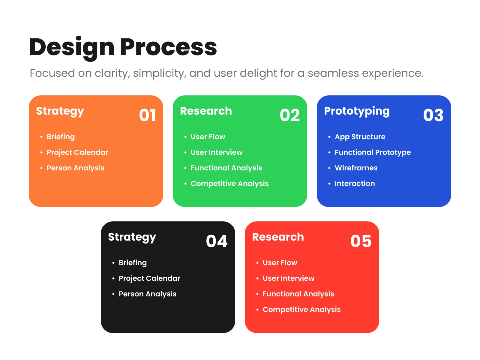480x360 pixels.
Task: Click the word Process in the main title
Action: (168, 47)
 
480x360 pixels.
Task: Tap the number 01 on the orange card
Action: (147, 115)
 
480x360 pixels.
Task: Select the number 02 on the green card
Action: (289, 115)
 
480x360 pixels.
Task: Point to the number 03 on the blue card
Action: (433, 115)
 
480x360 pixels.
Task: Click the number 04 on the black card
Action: (217, 241)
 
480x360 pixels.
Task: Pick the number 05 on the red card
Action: (361, 241)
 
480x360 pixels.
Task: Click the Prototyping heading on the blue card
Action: (357, 112)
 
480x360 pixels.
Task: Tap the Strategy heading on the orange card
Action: (60, 112)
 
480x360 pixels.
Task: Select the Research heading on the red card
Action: (278, 237)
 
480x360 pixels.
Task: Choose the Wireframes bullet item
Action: (356, 168)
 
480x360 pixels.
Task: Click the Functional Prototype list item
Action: (373, 152)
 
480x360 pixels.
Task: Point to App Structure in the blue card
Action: (360, 137)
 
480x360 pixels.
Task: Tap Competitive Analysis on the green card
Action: (229, 184)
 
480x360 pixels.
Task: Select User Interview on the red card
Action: (288, 278)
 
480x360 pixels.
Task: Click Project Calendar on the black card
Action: (149, 278)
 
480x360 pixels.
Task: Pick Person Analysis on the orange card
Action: (75, 168)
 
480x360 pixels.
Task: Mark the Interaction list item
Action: (355, 184)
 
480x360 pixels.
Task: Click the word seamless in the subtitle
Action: (333, 73)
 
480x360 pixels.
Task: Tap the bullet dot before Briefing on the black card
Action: (113, 263)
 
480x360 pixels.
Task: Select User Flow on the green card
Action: (208, 137)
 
